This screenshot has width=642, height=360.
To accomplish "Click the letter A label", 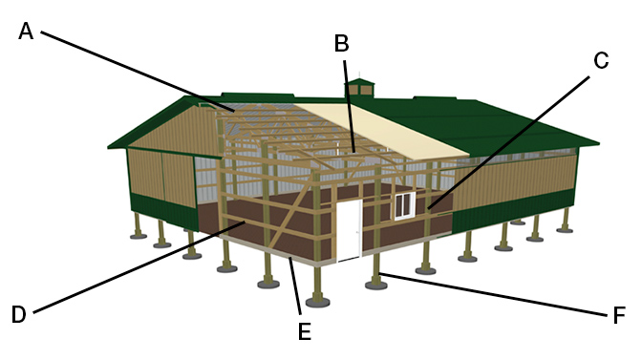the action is pyautogui.click(x=26, y=32).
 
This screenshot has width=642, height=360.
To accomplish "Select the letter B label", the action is pyautogui.click(x=341, y=43).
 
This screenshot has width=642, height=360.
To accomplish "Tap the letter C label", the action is pyautogui.click(x=601, y=60).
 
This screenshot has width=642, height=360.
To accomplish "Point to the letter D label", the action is pyautogui.click(x=19, y=314).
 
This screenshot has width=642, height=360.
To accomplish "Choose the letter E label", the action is pyautogui.click(x=304, y=331).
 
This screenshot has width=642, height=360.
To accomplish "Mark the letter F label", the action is pyautogui.click(x=619, y=315).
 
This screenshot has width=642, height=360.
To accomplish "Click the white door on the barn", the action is pyautogui.click(x=349, y=230).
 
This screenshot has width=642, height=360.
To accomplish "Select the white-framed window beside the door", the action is pyautogui.click(x=404, y=206).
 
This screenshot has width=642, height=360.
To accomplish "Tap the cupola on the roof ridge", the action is pyautogui.click(x=359, y=87).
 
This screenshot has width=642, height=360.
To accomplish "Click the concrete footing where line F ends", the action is pyautogui.click(x=376, y=285).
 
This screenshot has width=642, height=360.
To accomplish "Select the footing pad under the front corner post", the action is pyautogui.click(x=318, y=303).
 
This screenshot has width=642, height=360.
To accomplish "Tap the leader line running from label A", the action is pyautogui.click(x=138, y=72).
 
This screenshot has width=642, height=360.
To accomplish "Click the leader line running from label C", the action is pyautogui.click(x=508, y=143).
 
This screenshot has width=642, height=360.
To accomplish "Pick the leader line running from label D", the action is pyautogui.click(x=139, y=267).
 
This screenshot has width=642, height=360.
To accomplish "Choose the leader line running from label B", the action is pyautogui.click(x=349, y=107).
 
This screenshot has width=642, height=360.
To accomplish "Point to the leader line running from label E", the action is pyautogui.click(x=295, y=286).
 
